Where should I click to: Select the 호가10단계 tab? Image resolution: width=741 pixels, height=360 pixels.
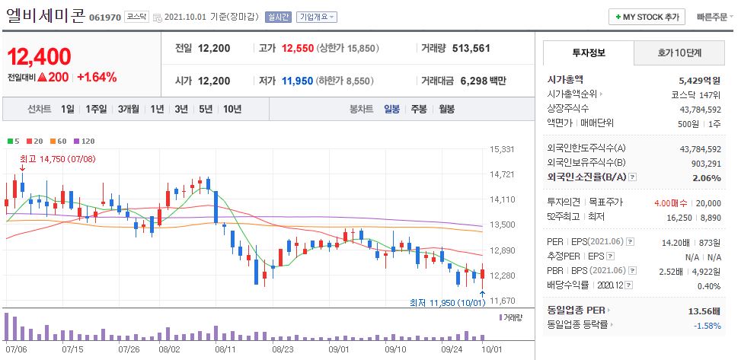(x=679, y=53)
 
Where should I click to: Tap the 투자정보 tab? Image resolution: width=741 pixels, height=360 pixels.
(x=588, y=53)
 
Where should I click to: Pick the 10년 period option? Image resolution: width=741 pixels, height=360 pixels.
(x=232, y=109)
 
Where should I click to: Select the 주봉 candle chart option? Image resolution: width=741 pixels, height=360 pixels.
(x=419, y=109)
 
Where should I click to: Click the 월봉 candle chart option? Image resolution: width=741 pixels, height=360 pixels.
(x=446, y=109)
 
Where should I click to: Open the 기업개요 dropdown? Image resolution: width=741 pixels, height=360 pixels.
(x=317, y=17)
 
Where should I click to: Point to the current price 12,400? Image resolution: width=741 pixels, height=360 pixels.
(x=40, y=56)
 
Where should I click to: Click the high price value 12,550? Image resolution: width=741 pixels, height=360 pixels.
(x=297, y=48)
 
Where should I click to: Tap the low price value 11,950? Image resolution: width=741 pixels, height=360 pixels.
(x=297, y=81)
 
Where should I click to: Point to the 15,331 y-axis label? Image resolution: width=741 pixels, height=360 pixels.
(x=502, y=149)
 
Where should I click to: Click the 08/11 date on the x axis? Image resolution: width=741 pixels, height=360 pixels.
(x=225, y=349)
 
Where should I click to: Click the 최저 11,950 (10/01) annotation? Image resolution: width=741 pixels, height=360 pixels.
(x=446, y=303)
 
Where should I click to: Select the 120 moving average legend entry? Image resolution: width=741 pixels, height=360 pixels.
(x=88, y=141)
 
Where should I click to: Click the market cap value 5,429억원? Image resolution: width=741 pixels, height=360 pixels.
(x=700, y=79)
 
